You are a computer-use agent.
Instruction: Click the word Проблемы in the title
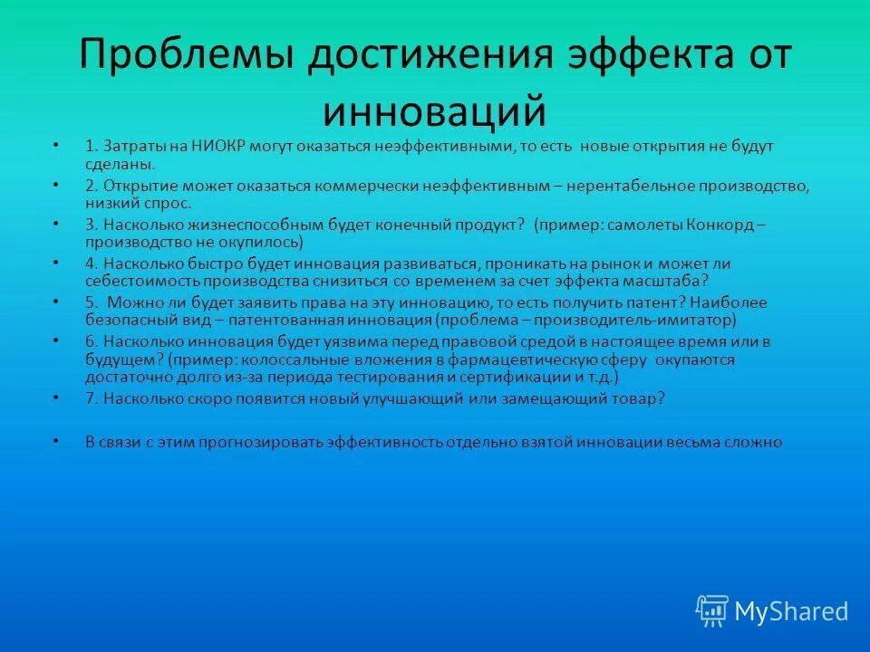coord(188,56)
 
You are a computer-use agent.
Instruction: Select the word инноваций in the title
coord(435,111)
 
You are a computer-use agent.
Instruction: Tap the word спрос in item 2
coord(168,204)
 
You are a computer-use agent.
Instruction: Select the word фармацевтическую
coord(545,359)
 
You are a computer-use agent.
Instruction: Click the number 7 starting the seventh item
coord(90,398)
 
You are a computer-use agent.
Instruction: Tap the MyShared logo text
coord(791,611)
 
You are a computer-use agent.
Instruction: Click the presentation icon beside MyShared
coord(712,611)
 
